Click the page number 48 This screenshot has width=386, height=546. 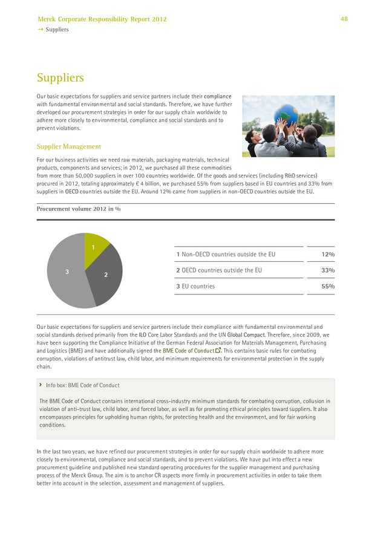click(x=344, y=19)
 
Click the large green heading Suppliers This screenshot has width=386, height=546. click(x=60, y=78)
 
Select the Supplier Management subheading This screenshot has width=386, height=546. click(x=68, y=146)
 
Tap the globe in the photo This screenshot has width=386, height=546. click(x=286, y=114)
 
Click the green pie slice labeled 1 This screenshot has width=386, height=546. click(x=95, y=250)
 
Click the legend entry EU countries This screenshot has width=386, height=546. click(x=198, y=287)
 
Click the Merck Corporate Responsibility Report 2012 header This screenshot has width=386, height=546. click(x=102, y=19)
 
